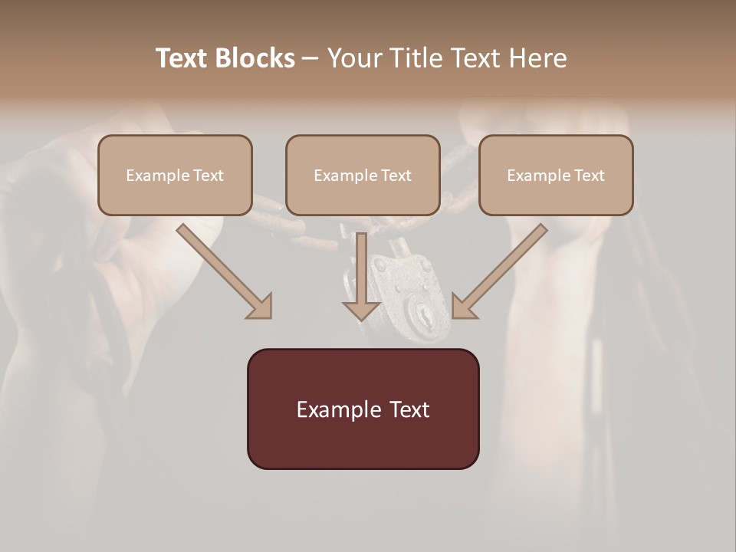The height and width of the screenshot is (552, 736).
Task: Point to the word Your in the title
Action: [x=356, y=58]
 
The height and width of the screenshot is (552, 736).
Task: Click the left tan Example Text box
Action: [x=175, y=175]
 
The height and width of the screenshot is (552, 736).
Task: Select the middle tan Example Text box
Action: [x=363, y=175]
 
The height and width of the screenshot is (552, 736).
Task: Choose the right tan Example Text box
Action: [x=556, y=175]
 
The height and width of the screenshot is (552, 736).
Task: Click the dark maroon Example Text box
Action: [x=363, y=409]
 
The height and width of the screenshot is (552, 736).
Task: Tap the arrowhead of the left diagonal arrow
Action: [x=261, y=306]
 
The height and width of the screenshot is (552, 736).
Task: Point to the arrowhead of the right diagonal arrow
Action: [x=463, y=306]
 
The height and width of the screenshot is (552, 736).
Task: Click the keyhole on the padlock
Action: [x=422, y=314]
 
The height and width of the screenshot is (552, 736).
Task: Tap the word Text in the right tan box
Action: [x=590, y=176]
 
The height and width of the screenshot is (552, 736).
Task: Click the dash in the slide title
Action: [x=310, y=59]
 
